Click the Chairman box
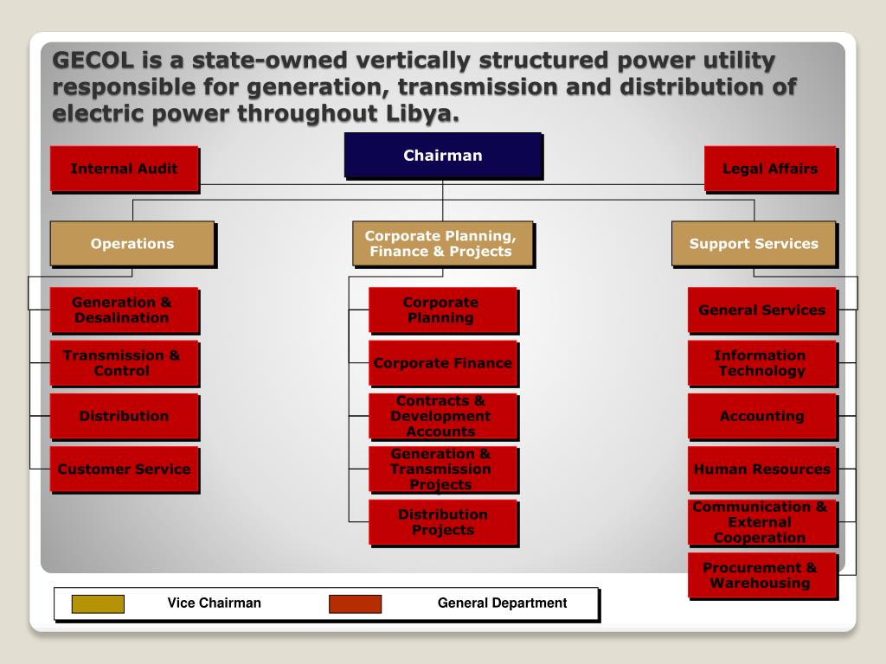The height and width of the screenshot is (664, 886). [443, 156]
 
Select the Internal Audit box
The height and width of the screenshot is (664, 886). [124, 169]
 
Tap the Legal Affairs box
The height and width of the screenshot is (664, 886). [770, 169]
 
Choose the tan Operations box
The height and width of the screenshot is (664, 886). [132, 244]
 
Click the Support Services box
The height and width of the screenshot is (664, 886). [754, 244]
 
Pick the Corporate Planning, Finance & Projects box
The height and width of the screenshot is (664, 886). [441, 244]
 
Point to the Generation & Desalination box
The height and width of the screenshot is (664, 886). [123, 310]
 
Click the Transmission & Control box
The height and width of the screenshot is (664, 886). [123, 363]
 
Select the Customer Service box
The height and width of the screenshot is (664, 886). [124, 469]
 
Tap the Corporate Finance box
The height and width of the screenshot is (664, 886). [443, 363]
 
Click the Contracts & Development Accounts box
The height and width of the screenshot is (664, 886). [442, 416]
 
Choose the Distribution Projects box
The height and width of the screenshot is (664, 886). [443, 522]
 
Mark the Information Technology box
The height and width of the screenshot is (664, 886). [761, 363]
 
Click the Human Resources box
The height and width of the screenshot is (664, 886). [761, 469]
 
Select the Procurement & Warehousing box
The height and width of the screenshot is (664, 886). [761, 575]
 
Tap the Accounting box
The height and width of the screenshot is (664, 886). [761, 416]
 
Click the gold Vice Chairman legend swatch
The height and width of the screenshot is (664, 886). [98, 603]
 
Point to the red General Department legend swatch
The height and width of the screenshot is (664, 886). [355, 603]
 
